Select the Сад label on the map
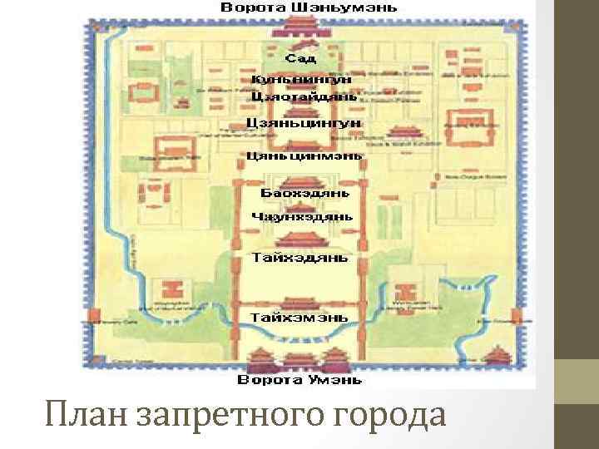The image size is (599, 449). pyautogui.click(x=299, y=59)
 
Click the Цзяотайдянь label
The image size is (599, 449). pyautogui.click(x=303, y=96)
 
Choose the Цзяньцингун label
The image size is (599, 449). pyautogui.click(x=303, y=123)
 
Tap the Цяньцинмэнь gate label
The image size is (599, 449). pyautogui.click(x=304, y=155)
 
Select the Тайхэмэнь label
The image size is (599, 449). pyautogui.click(x=301, y=317)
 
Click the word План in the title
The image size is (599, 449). pyautogui.click(x=82, y=414)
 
